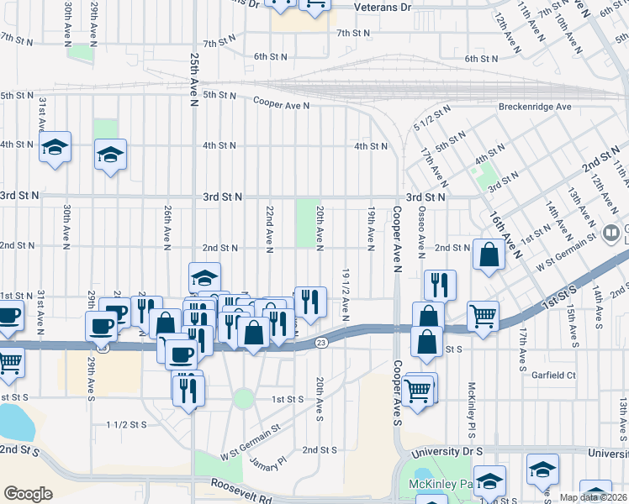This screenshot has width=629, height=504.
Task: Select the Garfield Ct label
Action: coord(554,375)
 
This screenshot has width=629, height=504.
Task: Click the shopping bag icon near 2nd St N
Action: coord(489,255)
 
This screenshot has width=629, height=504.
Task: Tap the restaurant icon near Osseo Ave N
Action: coord(440,285)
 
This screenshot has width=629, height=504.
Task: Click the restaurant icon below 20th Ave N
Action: coord(310,302)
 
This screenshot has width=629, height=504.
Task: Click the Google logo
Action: coord(28,493)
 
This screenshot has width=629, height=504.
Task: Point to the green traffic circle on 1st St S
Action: coord(244,398)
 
